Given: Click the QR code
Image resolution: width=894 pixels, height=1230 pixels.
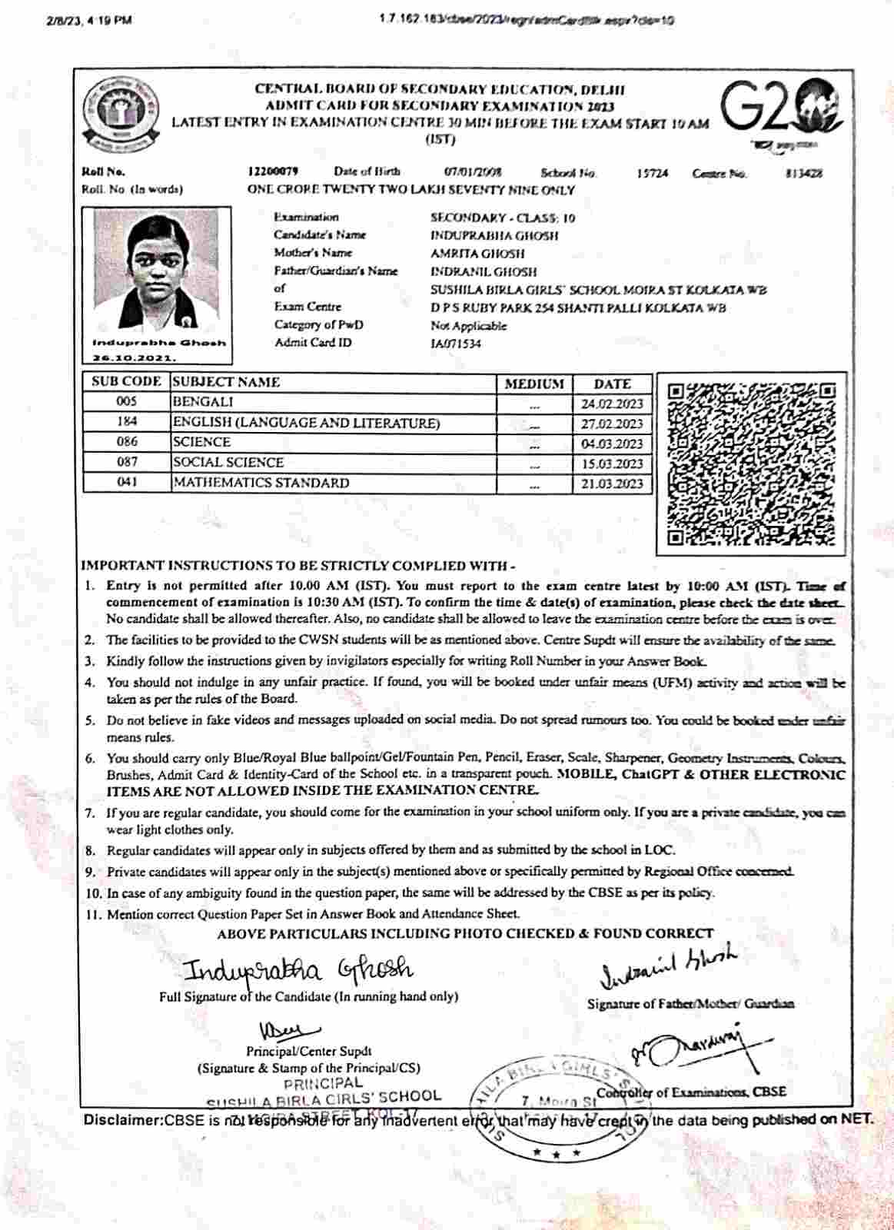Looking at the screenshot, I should tap(749, 464).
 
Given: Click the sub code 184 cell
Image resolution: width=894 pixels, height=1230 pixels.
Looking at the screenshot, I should tap(127, 422).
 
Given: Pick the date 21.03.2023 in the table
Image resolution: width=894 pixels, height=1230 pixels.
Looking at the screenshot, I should tap(612, 483).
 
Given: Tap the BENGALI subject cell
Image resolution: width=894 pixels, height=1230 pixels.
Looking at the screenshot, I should tap(203, 402).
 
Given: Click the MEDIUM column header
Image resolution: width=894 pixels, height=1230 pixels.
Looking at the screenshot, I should tap(534, 384).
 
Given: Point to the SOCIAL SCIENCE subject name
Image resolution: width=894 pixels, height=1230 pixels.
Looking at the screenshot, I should tap(228, 463).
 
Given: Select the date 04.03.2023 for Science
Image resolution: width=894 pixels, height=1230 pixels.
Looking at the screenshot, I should tap(612, 444).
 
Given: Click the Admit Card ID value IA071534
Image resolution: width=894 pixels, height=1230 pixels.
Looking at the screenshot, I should tap(456, 344).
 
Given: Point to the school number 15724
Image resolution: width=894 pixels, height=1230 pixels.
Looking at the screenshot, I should tap(652, 173).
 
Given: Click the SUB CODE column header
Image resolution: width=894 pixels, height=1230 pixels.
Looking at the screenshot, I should tap(127, 382).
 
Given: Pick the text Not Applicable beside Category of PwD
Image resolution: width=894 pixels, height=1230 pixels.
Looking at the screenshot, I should tap(468, 325).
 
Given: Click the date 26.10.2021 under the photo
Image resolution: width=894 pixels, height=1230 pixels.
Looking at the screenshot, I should tap(135, 357).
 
